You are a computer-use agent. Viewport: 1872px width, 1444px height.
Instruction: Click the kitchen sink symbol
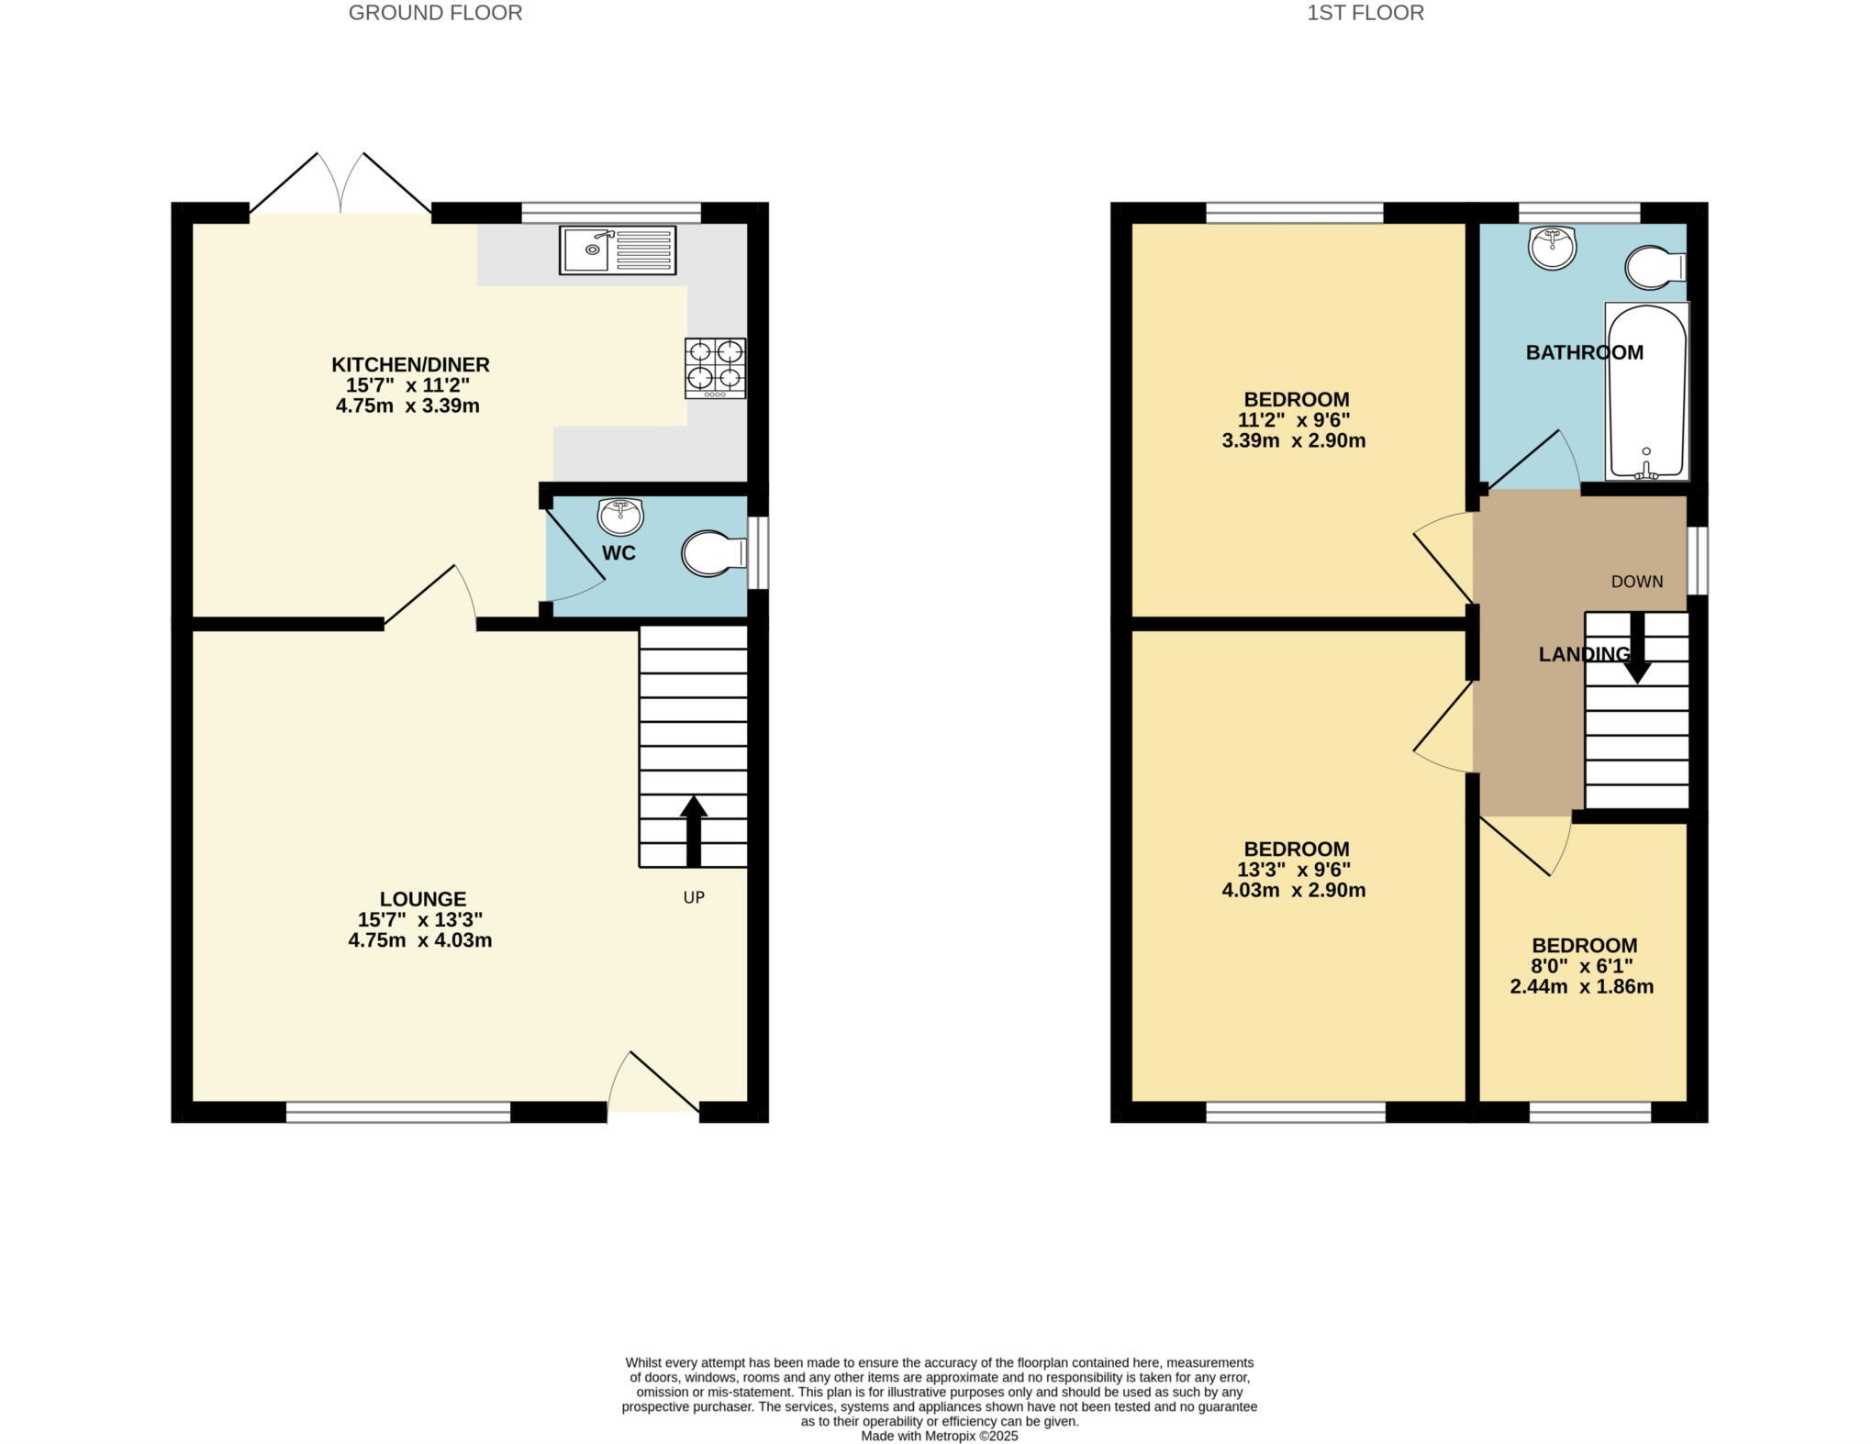pos(617,250)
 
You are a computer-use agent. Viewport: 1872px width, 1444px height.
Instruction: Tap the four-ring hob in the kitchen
pos(715,368)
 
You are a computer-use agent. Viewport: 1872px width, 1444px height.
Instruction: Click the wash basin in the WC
pos(620,516)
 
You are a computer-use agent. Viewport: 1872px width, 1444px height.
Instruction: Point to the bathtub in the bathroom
pos(1646,391)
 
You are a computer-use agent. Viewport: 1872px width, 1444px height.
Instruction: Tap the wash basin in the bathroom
pos(1552,248)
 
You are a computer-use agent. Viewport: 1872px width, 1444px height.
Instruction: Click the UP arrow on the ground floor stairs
pos(694,830)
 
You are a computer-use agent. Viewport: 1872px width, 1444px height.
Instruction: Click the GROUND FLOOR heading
pos(435,13)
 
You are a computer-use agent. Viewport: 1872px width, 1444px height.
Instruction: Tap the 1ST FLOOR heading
pos(1365,13)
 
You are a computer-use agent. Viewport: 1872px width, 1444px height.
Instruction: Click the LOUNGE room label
pos(423,899)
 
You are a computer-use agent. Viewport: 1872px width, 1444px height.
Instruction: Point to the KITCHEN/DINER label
pos(410,364)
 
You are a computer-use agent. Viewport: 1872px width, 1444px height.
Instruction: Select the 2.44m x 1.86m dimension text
pos(1582,987)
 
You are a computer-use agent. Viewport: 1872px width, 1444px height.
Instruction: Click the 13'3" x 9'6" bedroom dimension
pos(1294,870)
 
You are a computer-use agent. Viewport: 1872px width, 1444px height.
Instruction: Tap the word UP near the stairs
pos(694,897)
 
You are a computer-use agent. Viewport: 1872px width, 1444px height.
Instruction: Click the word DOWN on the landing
pos(1637,582)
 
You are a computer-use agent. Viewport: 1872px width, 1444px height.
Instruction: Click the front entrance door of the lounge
pos(653,1087)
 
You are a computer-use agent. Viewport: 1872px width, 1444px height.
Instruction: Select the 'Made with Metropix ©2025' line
pos(939,1436)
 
